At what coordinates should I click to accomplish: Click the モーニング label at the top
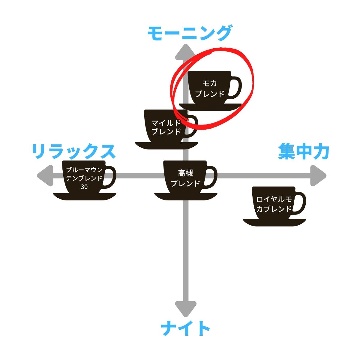pyautogui.click(x=190, y=34)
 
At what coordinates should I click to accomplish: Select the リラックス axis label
pyautogui.click(x=73, y=151)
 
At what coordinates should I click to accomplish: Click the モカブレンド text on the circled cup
pyautogui.click(x=210, y=88)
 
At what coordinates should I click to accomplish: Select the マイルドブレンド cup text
pyautogui.click(x=166, y=127)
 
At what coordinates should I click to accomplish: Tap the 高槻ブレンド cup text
pyautogui.click(x=185, y=178)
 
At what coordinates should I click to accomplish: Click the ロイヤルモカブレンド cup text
pyautogui.click(x=274, y=204)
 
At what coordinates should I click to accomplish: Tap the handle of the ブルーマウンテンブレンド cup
pyautogui.click(x=110, y=177)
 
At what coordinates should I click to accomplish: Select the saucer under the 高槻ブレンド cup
pyautogui.click(x=185, y=196)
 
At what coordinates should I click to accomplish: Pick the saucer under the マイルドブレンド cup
pyautogui.click(x=166, y=145)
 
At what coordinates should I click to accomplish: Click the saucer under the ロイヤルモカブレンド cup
pyautogui.click(x=274, y=223)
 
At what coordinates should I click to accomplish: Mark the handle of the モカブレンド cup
pyautogui.click(x=236, y=88)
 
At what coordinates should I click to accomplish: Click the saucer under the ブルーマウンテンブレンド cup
pyautogui.click(x=84, y=196)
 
